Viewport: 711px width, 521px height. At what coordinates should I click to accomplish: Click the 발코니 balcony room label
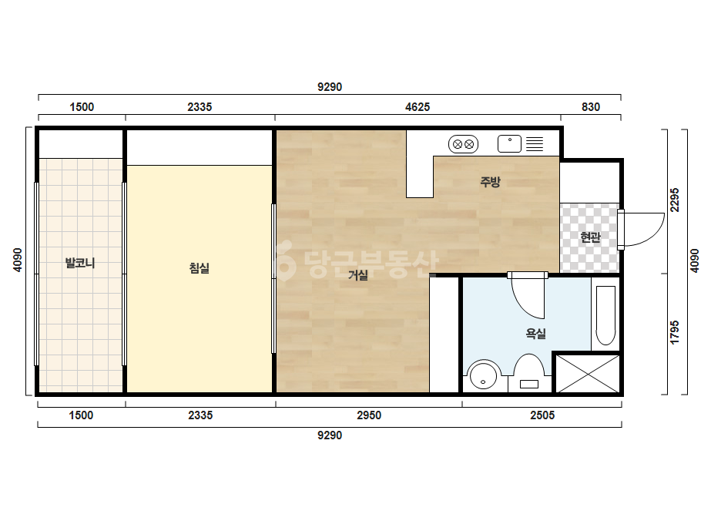80,264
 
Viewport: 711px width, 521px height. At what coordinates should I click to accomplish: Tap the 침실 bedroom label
199,268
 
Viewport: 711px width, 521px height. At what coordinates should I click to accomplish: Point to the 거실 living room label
358,275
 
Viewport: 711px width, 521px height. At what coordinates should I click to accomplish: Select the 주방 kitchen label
490,182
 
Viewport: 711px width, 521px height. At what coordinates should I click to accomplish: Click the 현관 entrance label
590,237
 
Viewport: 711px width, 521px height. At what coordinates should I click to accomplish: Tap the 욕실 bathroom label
535,334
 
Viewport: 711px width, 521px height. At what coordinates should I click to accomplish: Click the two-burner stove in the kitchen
463,144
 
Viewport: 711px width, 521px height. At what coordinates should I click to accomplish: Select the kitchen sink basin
509,144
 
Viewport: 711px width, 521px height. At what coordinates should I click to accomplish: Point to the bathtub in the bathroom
605,315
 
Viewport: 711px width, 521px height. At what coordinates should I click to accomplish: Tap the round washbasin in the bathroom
483,376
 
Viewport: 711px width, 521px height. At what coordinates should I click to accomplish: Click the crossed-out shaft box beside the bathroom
588,374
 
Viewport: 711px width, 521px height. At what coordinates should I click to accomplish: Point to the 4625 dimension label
418,107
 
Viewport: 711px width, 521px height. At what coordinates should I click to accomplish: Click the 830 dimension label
591,107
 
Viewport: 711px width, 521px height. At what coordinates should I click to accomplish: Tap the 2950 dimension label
369,415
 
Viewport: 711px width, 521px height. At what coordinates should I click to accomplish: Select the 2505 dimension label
542,415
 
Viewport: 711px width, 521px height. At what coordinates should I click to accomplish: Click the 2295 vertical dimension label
675,200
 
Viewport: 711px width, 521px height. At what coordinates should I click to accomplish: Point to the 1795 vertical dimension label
675,333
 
